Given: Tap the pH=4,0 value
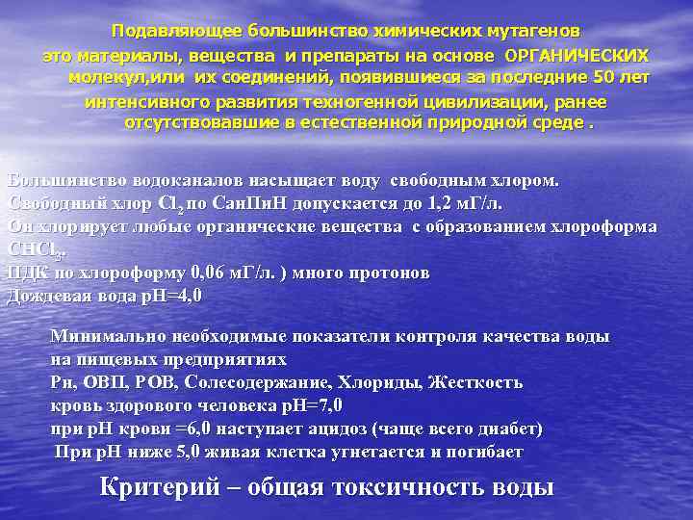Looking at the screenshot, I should point(167,296).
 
